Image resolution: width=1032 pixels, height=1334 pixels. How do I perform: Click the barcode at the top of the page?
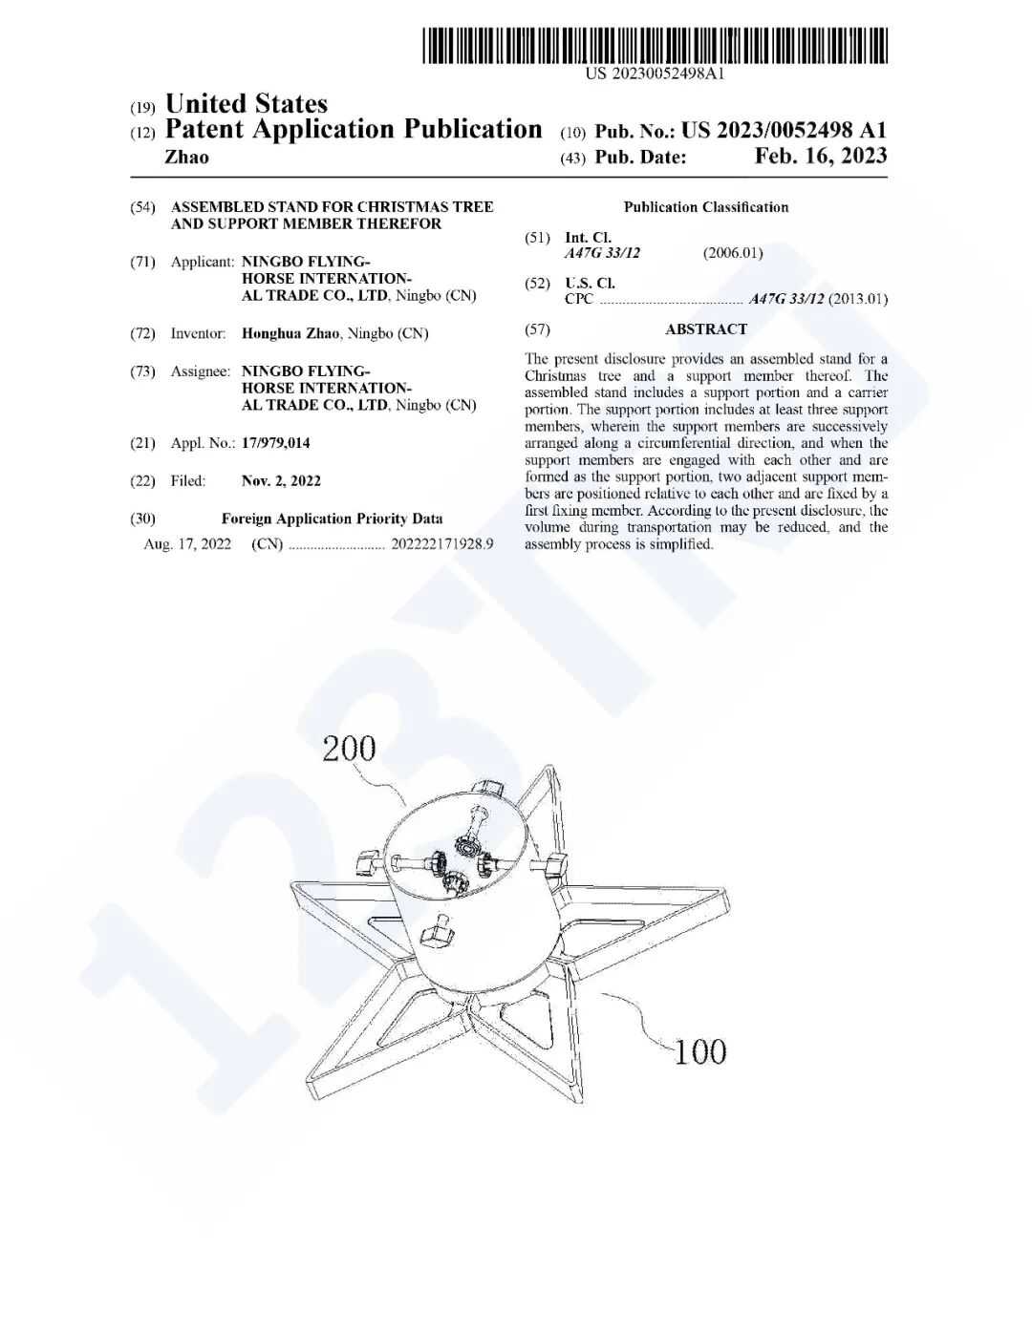656,46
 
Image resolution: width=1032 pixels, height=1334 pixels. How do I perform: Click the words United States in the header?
247,103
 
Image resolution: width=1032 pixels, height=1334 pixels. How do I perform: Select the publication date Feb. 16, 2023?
820,157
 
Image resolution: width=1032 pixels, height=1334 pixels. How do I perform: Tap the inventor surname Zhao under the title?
186,158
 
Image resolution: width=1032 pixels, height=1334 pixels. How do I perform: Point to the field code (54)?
142,207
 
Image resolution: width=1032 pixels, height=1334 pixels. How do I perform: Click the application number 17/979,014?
275,443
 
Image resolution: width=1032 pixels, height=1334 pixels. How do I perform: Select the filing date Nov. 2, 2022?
281,481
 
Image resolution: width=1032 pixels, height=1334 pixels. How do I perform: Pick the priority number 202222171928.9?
441,544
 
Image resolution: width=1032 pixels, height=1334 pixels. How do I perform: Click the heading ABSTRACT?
706,329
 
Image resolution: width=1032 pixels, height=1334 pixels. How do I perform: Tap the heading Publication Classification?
706,207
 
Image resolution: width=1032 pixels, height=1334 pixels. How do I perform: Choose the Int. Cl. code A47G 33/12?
602,253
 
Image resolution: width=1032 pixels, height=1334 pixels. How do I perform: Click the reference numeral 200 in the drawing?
349,749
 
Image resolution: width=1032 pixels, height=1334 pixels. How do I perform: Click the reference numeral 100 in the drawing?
700,1052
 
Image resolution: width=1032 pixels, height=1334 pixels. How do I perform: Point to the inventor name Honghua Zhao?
290,334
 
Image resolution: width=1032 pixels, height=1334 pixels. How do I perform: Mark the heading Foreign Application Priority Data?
332,519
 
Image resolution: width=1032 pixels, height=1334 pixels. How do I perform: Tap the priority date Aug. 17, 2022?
187,544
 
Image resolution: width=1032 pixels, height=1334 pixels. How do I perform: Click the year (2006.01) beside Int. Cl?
733,253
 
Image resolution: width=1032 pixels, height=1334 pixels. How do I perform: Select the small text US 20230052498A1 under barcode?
656,74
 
